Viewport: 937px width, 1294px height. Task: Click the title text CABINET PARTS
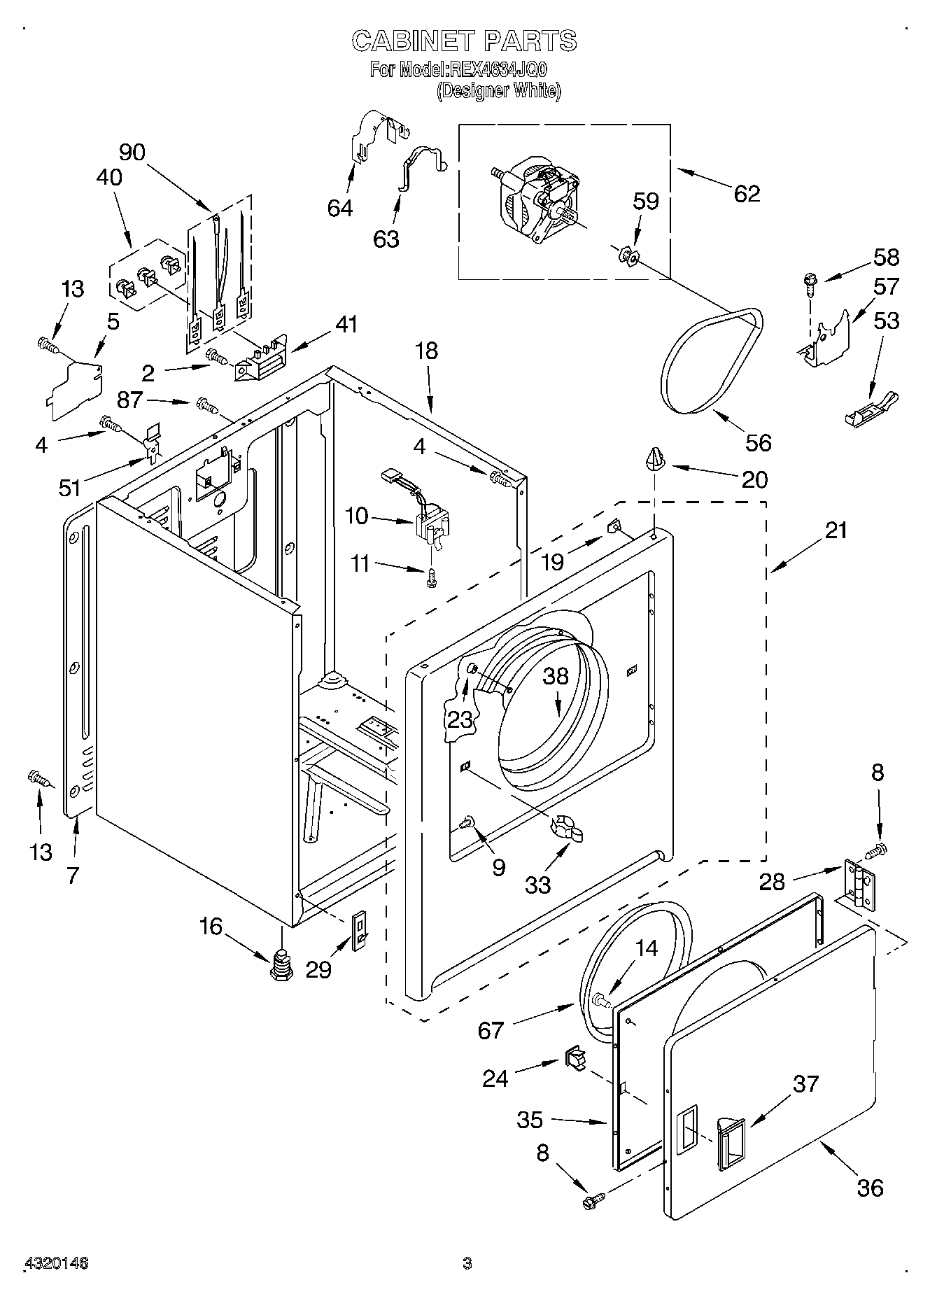point(465,41)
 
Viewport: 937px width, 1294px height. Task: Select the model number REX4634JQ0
point(498,69)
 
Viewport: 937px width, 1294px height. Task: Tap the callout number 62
point(747,193)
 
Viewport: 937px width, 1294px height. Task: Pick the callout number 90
point(132,152)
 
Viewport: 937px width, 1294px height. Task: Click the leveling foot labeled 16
point(282,965)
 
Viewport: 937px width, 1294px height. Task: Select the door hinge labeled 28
point(860,885)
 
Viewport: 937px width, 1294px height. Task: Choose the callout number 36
point(870,1187)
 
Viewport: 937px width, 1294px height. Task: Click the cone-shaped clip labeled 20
point(655,460)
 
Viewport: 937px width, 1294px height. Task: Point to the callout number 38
point(556,676)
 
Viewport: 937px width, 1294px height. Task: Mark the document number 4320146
point(57,1263)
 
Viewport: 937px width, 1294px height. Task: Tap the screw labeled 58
point(810,283)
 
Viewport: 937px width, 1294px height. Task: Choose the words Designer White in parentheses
point(499,90)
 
